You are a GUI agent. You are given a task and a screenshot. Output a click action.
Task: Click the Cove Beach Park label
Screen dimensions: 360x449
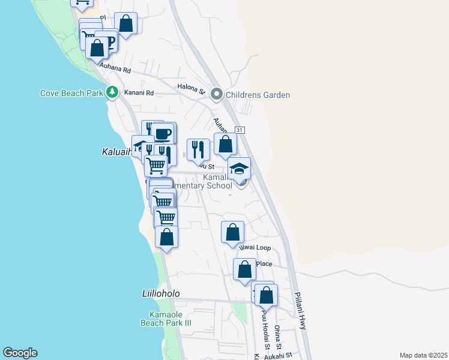pyautogui.click(x=71, y=93)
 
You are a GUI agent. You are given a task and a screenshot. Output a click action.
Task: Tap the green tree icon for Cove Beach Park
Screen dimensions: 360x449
pyautogui.click(x=112, y=92)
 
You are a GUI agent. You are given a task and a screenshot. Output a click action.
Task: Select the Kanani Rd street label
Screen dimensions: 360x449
pyautogui.click(x=139, y=93)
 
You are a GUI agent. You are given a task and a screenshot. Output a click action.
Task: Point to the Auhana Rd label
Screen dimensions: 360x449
pyautogui.click(x=116, y=69)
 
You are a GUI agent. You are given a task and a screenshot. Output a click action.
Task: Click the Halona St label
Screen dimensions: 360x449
pyautogui.click(x=191, y=88)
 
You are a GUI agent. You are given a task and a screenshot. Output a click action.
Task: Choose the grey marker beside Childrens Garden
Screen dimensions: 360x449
pyautogui.click(x=217, y=94)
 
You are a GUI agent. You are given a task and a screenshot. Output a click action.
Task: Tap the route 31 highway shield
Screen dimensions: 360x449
pyautogui.click(x=240, y=130)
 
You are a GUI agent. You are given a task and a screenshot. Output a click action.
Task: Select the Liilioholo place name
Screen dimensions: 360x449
pyautogui.click(x=160, y=293)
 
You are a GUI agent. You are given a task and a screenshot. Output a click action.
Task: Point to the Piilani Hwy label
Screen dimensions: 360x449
pyautogui.click(x=300, y=310)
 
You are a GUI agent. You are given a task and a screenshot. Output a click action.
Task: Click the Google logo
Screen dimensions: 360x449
pyautogui.click(x=20, y=353)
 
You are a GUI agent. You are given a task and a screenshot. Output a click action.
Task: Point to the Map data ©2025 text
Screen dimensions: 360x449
pyautogui.click(x=423, y=355)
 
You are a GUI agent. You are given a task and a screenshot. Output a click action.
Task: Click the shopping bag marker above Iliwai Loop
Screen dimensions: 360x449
pyautogui.click(x=233, y=232)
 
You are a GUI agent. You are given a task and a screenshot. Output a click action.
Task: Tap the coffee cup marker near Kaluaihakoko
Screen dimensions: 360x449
pyautogui.click(x=162, y=133)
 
